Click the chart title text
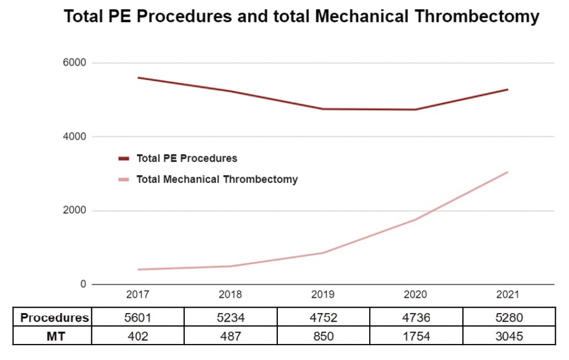click(302, 17)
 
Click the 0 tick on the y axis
click(84, 285)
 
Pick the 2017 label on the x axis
click(138, 295)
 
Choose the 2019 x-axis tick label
click(322, 295)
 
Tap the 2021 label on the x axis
click(507, 295)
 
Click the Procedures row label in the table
click(54, 318)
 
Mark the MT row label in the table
click(54, 336)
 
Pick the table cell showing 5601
click(138, 318)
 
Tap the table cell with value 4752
click(323, 318)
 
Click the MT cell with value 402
click(138, 336)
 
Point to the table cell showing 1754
click(415, 336)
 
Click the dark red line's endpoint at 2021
click(507, 89)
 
